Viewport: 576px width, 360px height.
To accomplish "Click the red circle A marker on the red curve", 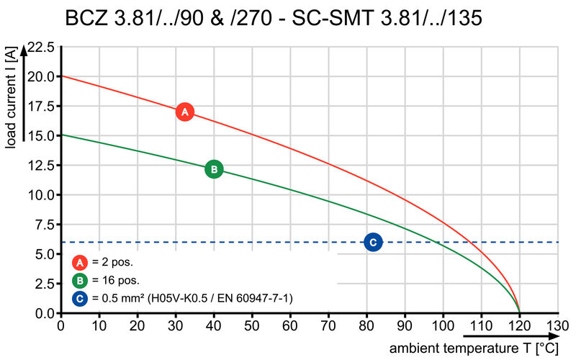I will (x=184, y=112).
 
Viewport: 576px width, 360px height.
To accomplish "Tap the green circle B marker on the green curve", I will (x=214, y=169).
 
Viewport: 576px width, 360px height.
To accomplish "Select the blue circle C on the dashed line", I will (x=373, y=243).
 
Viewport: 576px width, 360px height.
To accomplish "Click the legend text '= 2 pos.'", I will (x=112, y=263).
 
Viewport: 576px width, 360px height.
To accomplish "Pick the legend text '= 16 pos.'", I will (x=115, y=280).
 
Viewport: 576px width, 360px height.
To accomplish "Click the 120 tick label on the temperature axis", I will (x=519, y=325).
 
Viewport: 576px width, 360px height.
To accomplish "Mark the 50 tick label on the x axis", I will (x=252, y=325).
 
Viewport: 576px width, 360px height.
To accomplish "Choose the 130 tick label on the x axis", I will (x=558, y=325).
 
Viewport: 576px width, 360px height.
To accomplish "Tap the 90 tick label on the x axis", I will (x=405, y=325).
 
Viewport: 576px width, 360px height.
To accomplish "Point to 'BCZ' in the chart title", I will (x=88, y=17).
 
